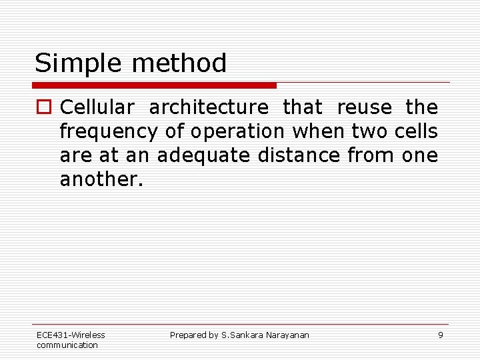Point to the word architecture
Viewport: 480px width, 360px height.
[209, 108]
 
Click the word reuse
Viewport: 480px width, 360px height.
[365, 107]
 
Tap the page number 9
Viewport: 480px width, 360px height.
[440, 335]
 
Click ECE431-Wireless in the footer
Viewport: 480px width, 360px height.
[71, 335]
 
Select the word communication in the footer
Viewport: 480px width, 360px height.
[67, 345]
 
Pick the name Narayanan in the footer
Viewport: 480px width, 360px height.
[287, 335]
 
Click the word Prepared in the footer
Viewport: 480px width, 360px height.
[188, 335]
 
